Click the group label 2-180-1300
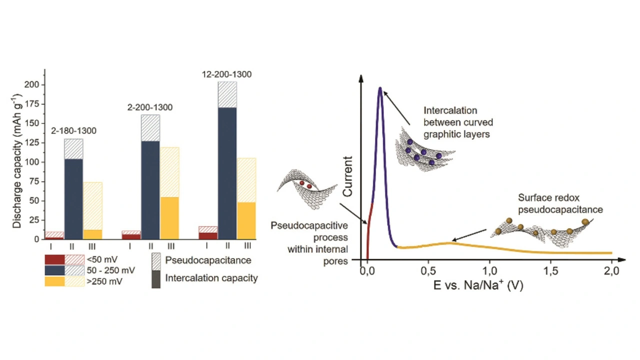(74, 131)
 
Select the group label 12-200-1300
(226, 74)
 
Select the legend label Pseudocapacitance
(208, 260)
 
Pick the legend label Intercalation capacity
(211, 278)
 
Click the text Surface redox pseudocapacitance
(560, 203)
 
